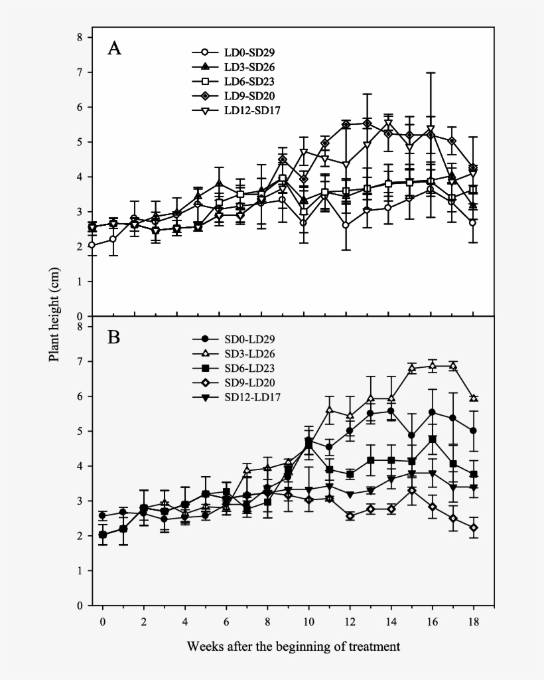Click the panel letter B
114,337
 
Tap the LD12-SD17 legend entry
236,110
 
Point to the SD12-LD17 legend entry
236,398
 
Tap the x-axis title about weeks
293,645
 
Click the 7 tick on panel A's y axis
80,72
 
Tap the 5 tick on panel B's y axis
80,431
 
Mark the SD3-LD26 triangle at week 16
432,366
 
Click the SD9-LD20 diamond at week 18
474,527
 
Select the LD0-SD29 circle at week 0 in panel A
92,245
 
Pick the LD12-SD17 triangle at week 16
431,129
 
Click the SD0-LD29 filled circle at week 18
474,430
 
